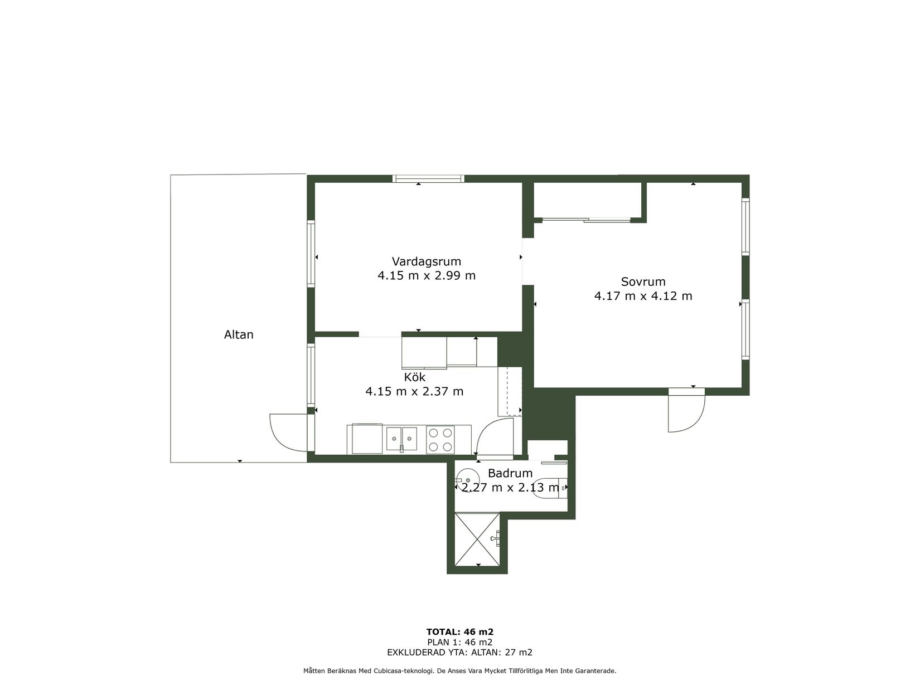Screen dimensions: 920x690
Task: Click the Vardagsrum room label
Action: pyautogui.click(x=426, y=261)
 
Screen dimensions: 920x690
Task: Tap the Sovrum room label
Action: pyautogui.click(x=643, y=281)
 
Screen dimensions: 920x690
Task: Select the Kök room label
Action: pyautogui.click(x=414, y=377)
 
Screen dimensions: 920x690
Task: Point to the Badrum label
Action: pyautogui.click(x=510, y=473)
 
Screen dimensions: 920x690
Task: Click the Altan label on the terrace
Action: pyautogui.click(x=239, y=334)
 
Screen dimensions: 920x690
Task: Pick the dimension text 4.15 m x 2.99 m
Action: pyautogui.click(x=426, y=276)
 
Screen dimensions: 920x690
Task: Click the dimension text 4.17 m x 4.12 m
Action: pyautogui.click(x=643, y=296)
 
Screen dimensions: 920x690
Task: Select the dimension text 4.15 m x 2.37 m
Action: pyautogui.click(x=414, y=391)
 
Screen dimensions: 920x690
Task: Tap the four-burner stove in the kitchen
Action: pyautogui.click(x=440, y=440)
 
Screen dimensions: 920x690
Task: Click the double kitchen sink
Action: pyautogui.click(x=401, y=439)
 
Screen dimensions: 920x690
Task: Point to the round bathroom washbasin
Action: pyautogui.click(x=467, y=480)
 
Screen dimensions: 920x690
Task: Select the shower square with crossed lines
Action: pyautogui.click(x=477, y=539)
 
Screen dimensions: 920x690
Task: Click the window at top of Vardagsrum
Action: pyautogui.click(x=428, y=178)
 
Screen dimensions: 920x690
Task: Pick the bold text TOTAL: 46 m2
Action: pyautogui.click(x=460, y=632)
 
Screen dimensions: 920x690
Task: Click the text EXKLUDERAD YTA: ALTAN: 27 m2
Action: pyautogui.click(x=460, y=652)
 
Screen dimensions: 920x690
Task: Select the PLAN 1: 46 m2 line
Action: pyautogui.click(x=460, y=642)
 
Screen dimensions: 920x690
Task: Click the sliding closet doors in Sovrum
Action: pyautogui.click(x=587, y=220)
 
